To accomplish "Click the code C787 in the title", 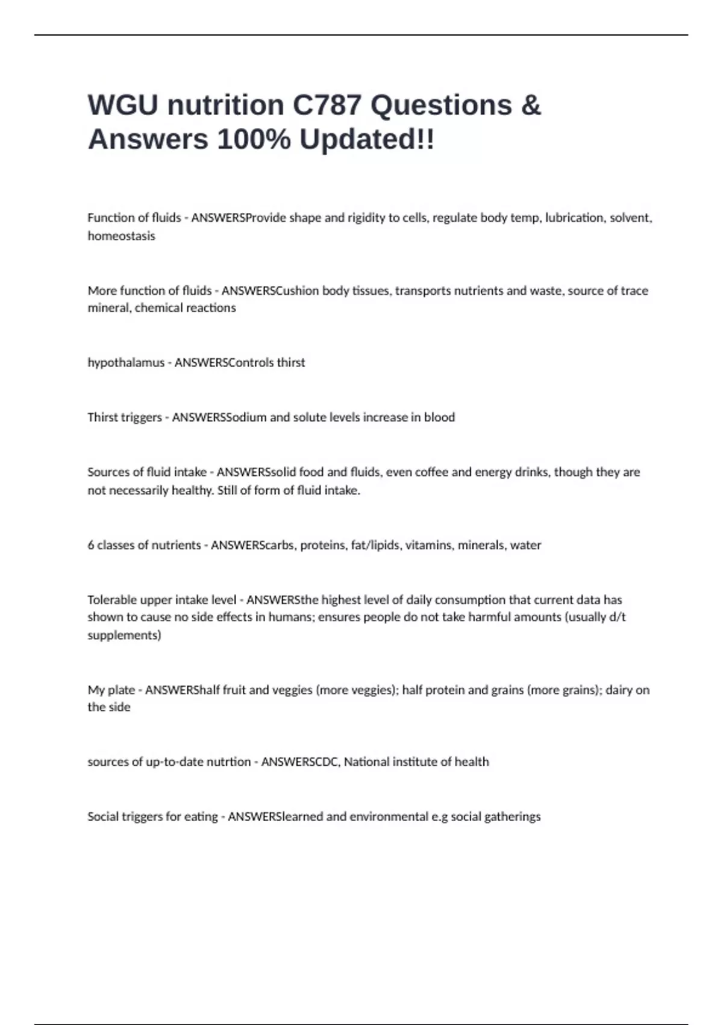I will tap(327, 106).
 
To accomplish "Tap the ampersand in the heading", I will tap(531, 106).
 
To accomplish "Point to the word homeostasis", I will tap(121, 236).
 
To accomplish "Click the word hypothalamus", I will tap(126, 363).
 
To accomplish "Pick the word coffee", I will tap(431, 472).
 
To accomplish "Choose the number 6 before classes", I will tap(91, 545).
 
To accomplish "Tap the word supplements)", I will tap(124, 635).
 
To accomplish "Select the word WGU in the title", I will tap(124, 106).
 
